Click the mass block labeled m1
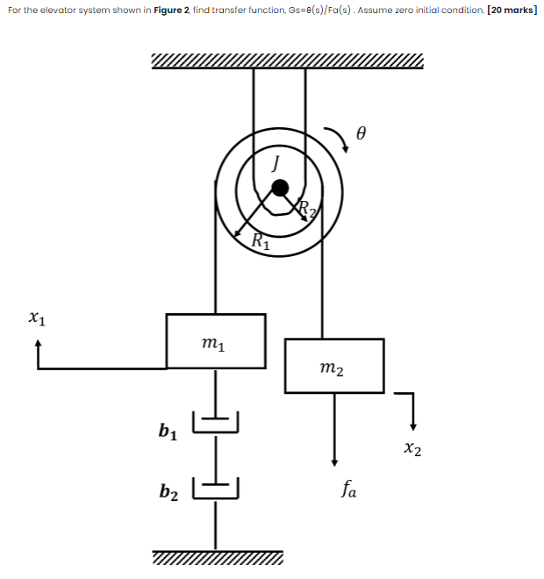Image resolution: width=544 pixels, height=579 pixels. [x=216, y=340]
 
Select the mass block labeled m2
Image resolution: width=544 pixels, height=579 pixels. [x=334, y=365]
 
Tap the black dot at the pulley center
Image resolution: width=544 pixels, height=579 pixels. [x=280, y=187]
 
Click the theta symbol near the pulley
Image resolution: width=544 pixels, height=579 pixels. [x=360, y=134]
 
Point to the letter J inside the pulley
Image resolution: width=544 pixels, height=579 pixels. [x=276, y=161]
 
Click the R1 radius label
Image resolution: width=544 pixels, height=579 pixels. [x=261, y=240]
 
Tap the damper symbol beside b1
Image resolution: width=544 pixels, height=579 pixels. [x=216, y=423]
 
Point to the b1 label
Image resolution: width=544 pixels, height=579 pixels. [x=168, y=431]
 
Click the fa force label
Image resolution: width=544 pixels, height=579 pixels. [x=348, y=492]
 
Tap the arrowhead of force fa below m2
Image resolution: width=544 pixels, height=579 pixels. [x=334, y=461]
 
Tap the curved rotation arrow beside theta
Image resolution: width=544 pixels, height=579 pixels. [x=339, y=138]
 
